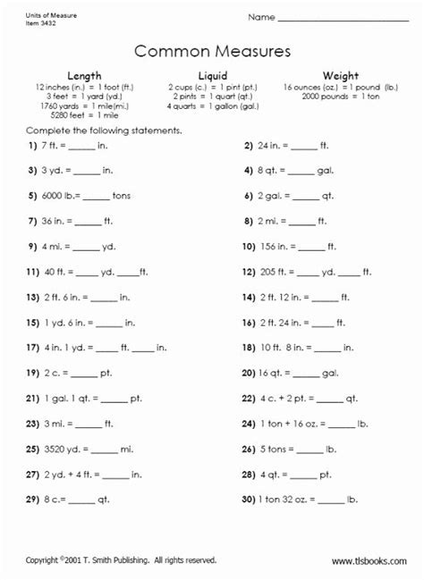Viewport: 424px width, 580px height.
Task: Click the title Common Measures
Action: pyautogui.click(x=212, y=50)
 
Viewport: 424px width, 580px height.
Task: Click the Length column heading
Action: pyautogui.click(x=84, y=76)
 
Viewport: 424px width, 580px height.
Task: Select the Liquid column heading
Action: pyautogui.click(x=212, y=76)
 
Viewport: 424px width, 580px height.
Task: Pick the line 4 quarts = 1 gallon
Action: pyautogui.click(x=212, y=105)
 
